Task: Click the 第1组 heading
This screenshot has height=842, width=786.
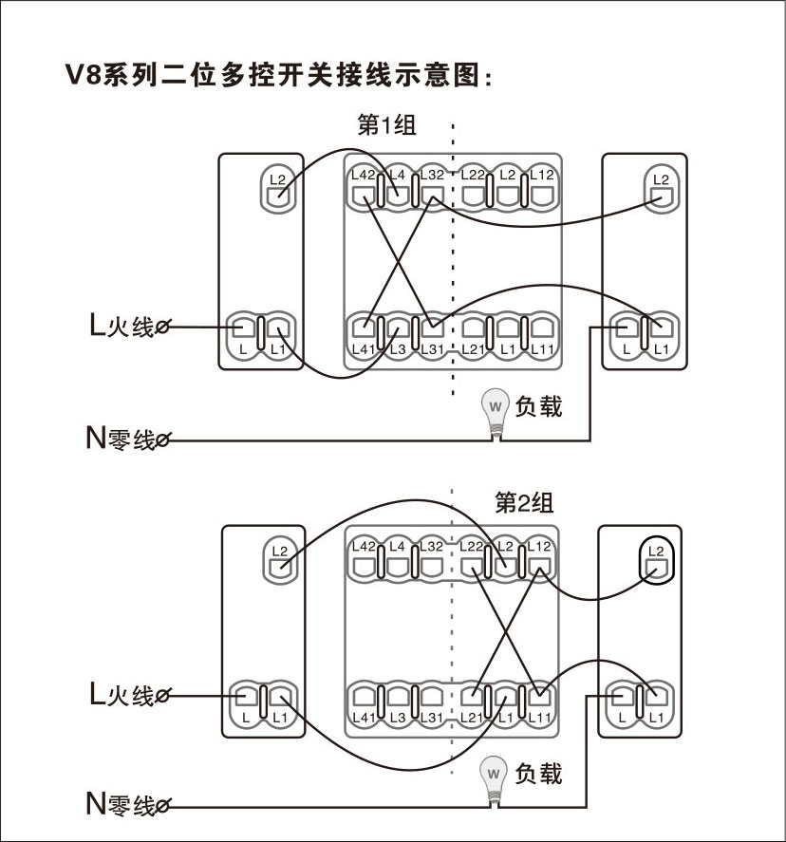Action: pos(385,126)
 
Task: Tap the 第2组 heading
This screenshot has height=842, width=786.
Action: pos(524,502)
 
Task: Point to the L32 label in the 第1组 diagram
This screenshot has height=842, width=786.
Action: pos(431,175)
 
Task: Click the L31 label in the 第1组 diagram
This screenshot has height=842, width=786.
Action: pos(431,349)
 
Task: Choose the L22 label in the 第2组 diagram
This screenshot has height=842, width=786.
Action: pos(473,546)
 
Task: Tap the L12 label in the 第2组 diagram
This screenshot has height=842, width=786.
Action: pos(539,546)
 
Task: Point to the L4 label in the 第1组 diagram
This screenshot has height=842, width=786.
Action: pos(398,175)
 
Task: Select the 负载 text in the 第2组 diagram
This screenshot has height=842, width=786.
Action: pos(538,774)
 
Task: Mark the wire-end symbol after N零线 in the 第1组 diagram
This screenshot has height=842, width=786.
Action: pos(163,440)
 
